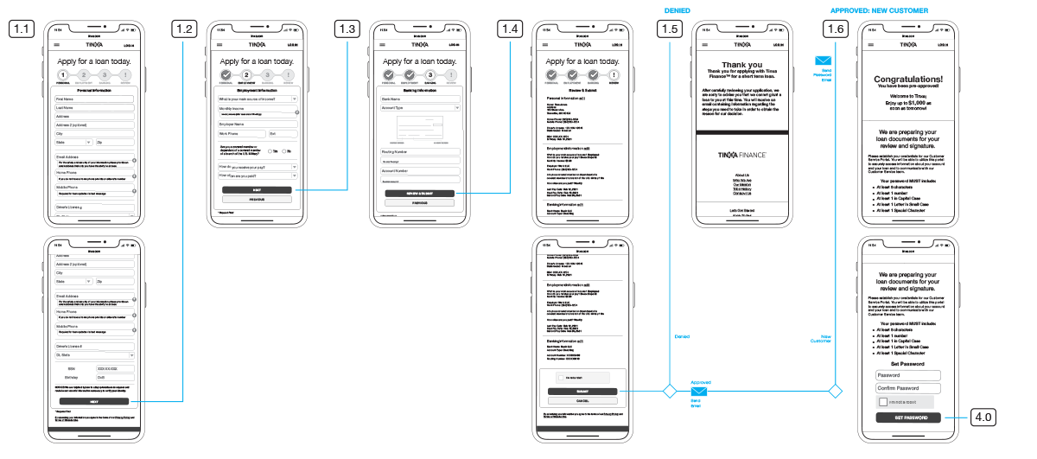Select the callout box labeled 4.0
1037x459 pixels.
(983, 417)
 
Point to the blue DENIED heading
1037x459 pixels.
(677, 10)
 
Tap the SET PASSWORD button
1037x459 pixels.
(907, 418)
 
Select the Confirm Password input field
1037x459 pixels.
(907, 388)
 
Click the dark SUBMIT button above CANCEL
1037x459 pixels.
(582, 392)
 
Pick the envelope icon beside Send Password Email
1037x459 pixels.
(822, 60)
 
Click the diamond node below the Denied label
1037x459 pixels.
(669, 392)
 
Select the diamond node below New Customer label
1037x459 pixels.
(835, 392)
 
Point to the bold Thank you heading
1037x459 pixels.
(741, 65)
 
